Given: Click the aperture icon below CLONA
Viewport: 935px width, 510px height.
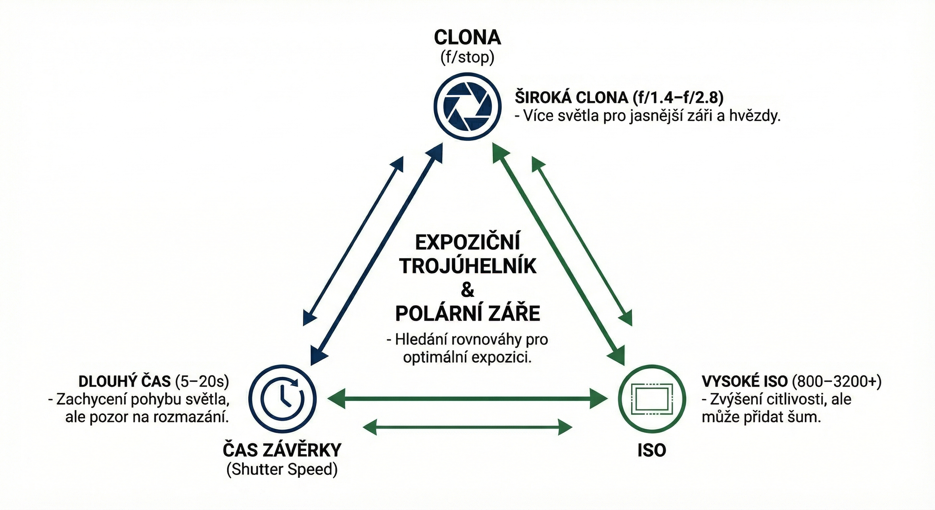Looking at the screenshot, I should pos(467,106).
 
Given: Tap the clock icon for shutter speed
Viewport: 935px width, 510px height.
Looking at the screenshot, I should pos(282,399).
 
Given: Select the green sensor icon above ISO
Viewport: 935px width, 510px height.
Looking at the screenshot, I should pos(652,399).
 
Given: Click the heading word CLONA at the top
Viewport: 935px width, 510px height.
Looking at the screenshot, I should pos(467,37).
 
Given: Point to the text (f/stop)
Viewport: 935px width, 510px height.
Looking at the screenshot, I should pos(467,58).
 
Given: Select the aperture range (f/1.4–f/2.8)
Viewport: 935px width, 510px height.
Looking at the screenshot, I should pos(678,98).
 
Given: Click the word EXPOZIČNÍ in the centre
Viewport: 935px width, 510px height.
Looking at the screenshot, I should pos(467,243).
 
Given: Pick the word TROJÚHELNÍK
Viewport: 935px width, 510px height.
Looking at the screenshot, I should pos(467,266).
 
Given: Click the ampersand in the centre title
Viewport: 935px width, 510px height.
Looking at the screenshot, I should pos(467,289).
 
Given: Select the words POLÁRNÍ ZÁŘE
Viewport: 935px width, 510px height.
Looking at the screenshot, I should pos(467,313).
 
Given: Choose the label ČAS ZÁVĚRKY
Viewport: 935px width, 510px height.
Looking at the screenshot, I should pos(282,450).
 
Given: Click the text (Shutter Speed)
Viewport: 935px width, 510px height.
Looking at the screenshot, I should pos(282,469).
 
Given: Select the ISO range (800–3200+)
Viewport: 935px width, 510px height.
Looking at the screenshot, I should pos(837,381).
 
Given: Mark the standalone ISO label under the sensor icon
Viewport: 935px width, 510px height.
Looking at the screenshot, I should pos(652,451).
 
